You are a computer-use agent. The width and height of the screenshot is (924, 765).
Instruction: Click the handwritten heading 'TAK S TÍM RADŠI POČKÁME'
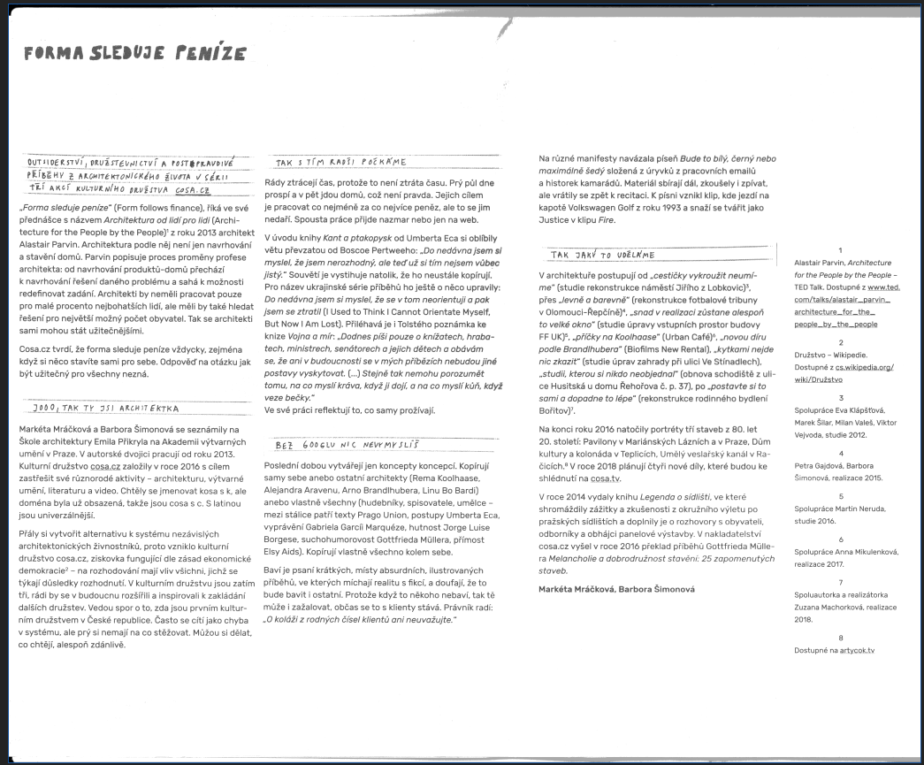[340, 163]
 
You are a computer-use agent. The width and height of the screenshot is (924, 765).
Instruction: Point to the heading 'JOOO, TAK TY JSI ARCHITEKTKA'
[104, 409]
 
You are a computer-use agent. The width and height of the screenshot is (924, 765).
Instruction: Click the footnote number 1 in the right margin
[840, 250]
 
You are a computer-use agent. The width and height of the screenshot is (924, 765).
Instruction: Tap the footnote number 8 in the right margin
[840, 638]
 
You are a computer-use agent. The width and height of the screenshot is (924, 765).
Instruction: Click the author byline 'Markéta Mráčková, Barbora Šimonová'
[616, 589]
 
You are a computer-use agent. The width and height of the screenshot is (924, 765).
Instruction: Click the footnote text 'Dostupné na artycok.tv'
[834, 650]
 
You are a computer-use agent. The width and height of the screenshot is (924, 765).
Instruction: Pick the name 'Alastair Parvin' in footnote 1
[821, 264]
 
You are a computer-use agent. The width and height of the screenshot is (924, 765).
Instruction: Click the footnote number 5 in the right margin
[840, 496]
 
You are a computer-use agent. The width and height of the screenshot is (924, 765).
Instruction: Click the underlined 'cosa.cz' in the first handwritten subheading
[193, 189]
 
